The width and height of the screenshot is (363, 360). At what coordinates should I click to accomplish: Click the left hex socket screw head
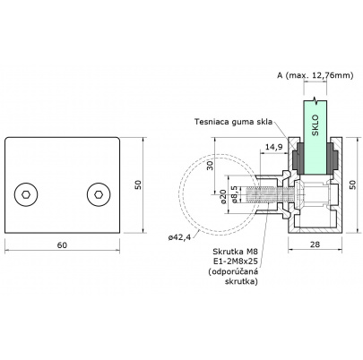[x=26, y=194]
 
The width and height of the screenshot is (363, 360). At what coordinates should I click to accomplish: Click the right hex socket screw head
[x=99, y=194]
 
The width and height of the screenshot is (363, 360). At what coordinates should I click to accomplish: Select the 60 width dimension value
[x=62, y=245]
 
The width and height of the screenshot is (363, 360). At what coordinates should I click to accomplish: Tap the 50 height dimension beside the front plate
[x=138, y=184]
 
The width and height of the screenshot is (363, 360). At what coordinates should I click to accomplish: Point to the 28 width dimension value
[x=315, y=244]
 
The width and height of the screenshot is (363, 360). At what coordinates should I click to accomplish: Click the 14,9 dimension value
[x=274, y=147]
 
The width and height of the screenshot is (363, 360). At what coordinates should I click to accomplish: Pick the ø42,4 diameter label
[x=179, y=237]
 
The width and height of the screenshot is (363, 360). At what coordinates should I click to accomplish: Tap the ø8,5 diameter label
[x=235, y=194]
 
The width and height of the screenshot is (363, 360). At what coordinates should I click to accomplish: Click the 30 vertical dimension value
[x=210, y=166]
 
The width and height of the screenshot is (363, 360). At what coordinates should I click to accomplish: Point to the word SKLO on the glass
[x=315, y=125]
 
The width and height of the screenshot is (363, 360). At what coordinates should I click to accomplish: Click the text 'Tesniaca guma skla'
[x=233, y=122]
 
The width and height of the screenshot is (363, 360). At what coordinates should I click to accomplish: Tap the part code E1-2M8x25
[x=235, y=261]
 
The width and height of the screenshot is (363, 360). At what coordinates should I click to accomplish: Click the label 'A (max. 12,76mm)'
[x=315, y=75]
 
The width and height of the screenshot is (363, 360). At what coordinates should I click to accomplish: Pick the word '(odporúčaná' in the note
[x=232, y=271]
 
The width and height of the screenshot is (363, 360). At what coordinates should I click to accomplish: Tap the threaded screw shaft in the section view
[x=271, y=194]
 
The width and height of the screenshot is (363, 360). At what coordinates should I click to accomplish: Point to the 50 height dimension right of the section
[x=353, y=184]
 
